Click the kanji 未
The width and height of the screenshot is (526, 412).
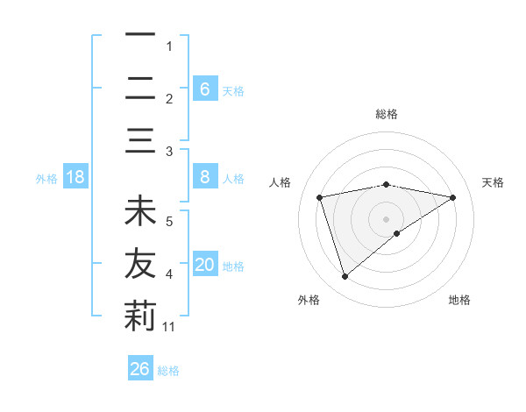[140, 210]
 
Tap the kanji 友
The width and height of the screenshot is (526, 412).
[140, 263]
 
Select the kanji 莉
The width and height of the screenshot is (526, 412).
[140, 316]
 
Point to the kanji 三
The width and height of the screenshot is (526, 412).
[140, 140]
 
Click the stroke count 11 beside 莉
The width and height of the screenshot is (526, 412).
[168, 327]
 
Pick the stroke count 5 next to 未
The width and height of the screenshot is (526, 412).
[169, 222]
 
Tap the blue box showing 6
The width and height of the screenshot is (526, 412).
[206, 89]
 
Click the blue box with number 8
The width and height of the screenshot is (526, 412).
[206, 176]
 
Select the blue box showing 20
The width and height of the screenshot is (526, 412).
[206, 263]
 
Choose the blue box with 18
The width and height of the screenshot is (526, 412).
[75, 176]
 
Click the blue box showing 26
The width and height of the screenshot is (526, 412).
[140, 367]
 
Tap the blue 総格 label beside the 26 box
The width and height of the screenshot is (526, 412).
[168, 371]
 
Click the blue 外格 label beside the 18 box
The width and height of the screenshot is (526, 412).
[46, 179]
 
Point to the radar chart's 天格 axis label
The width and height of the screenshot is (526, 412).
[493, 182]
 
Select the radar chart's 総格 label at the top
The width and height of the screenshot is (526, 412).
[387, 114]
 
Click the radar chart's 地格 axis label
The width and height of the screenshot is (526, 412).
[459, 300]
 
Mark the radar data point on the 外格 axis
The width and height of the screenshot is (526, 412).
[345, 277]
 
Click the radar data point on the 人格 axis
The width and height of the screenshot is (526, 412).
[320, 197]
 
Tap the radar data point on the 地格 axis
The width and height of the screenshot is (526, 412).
[397, 233]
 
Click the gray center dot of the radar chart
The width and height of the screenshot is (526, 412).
[386, 219]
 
